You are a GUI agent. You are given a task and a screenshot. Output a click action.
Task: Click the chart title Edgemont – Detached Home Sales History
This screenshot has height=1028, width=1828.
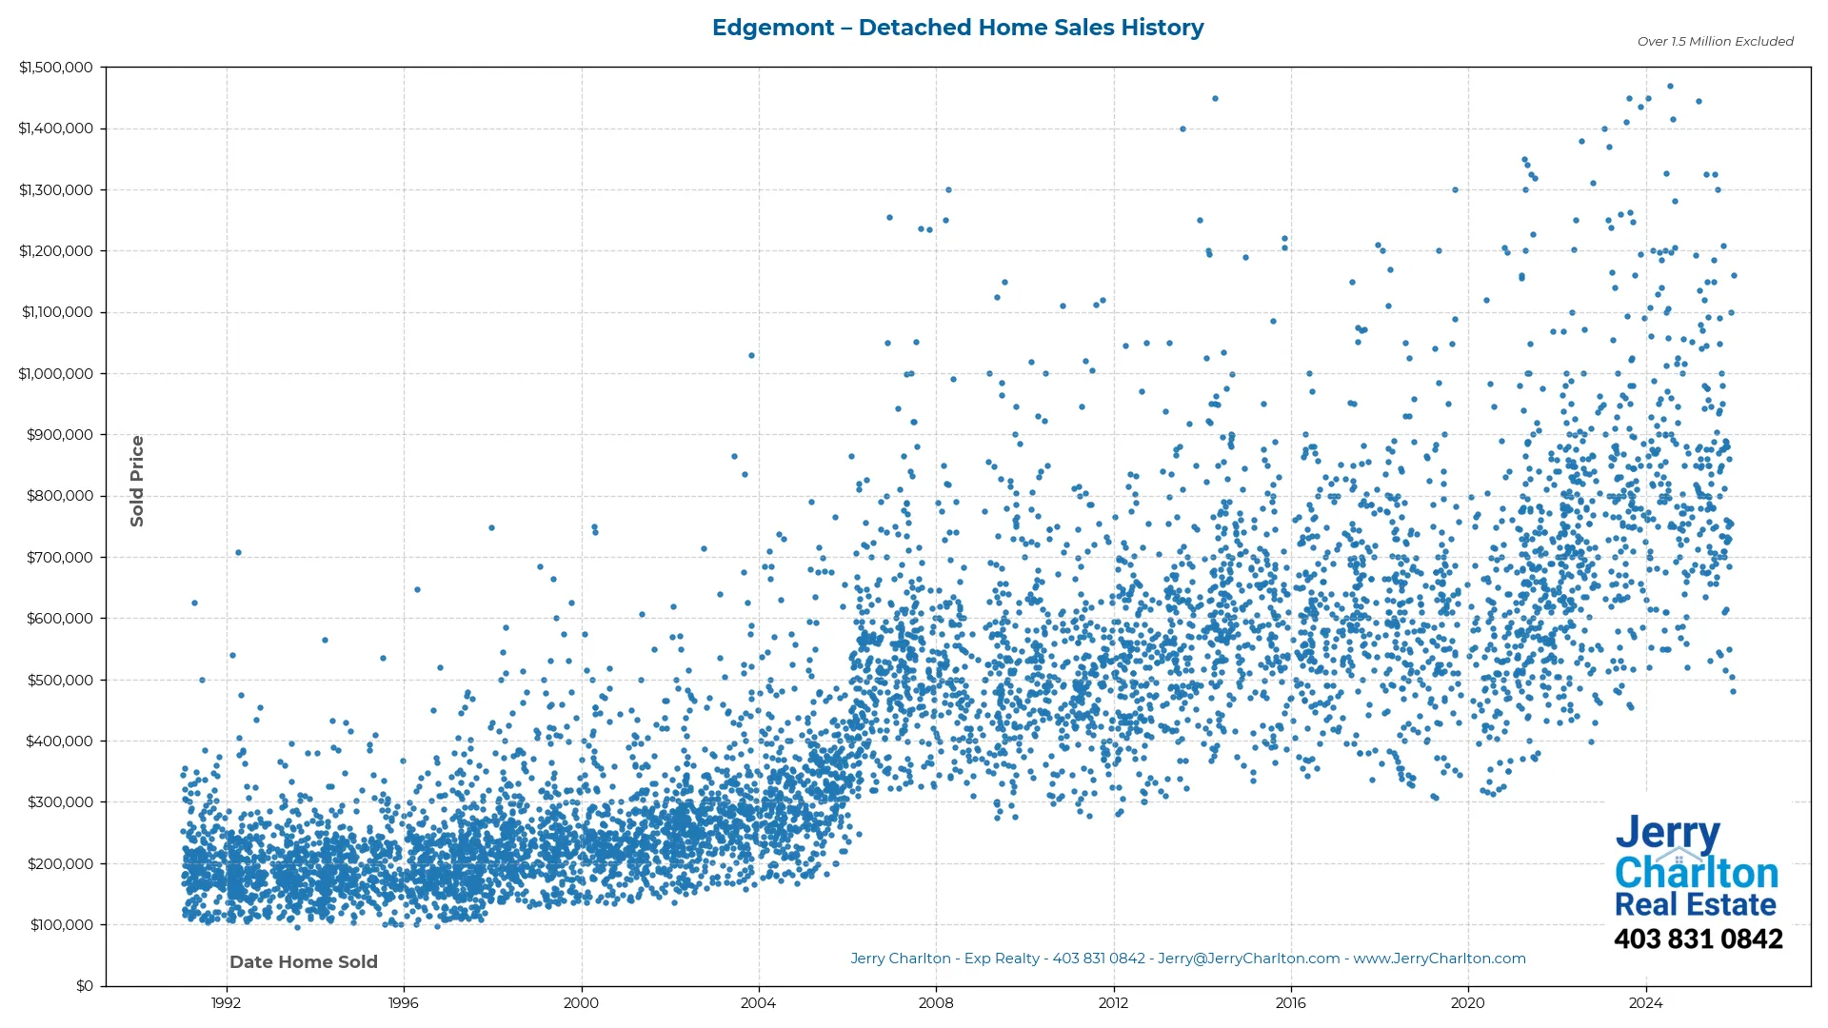958,28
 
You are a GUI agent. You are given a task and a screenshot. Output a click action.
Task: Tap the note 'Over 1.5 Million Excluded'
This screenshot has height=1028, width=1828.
1715,42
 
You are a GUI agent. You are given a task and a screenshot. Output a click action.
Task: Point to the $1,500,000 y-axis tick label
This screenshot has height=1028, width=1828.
56,68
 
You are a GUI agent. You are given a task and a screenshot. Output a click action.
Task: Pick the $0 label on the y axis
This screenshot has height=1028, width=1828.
85,986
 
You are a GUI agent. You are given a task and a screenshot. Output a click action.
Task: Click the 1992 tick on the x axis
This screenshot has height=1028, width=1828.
226,1003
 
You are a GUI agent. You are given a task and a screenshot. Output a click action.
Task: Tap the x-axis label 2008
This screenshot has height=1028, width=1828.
935,1003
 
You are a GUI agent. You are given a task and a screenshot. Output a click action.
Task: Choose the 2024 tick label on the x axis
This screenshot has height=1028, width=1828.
1645,1003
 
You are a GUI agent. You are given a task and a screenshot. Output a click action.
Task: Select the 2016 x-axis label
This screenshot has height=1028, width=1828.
1290,1003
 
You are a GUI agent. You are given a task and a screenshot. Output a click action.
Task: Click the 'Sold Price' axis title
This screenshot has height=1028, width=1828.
137,481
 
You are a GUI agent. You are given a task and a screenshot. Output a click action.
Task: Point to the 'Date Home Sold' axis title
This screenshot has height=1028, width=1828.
304,962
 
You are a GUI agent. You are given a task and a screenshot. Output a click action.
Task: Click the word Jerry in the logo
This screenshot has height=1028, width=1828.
1667,833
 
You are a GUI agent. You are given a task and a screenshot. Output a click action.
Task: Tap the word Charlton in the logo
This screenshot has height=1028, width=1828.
1697,873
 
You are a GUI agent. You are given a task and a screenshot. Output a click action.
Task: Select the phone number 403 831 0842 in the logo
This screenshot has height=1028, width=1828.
1698,939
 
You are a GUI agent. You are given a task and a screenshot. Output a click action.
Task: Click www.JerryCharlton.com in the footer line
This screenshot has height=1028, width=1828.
1440,959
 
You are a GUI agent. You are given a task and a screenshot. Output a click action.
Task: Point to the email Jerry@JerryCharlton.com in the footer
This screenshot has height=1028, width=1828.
1248,959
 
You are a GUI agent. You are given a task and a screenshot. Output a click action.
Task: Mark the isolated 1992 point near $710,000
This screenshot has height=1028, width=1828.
238,552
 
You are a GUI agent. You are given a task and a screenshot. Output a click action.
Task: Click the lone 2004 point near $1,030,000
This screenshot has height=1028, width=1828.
751,355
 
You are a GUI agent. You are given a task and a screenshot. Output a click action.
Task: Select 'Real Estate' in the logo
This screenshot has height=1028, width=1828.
1695,904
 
